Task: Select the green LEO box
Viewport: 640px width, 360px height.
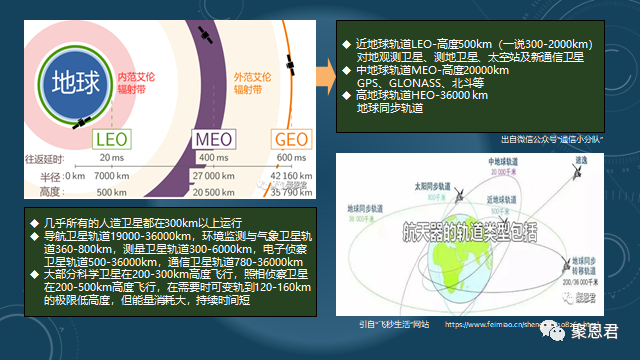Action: [112, 137]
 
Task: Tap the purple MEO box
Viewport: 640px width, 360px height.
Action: [208, 137]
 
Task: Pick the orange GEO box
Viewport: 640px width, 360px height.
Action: [289, 137]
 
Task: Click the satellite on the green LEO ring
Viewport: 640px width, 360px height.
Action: [81, 122]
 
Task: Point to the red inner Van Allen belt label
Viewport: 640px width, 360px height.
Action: [137, 82]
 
